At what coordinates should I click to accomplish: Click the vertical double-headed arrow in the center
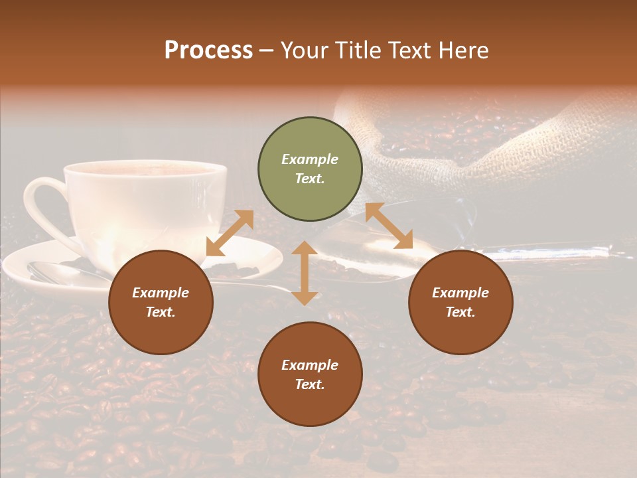coord(305,273)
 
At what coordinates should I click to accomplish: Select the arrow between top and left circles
coord(230,233)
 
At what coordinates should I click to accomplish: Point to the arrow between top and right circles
coord(389,226)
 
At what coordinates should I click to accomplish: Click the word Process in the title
coord(208,50)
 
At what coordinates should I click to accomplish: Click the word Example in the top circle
coord(310,159)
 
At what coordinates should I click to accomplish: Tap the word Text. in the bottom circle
coord(310,384)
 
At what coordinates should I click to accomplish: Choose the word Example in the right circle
coord(460,293)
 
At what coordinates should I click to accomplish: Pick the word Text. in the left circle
coord(161,312)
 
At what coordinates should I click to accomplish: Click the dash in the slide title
coord(267,50)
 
